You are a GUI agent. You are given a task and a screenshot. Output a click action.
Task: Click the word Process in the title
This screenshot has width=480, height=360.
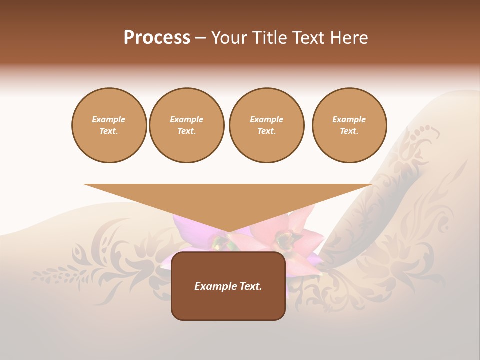pos(157,38)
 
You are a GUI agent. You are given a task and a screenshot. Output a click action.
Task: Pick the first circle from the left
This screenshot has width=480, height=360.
pos(109,125)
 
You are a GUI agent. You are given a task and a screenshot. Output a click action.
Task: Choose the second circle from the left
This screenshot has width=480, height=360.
pos(187,125)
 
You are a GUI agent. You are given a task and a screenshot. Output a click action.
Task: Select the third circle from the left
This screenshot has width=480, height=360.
pos(266,125)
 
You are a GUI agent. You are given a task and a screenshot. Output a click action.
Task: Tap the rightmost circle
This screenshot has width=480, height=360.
pos(349,125)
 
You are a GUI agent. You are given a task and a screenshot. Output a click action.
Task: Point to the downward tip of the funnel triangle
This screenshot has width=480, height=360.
pos(228,231)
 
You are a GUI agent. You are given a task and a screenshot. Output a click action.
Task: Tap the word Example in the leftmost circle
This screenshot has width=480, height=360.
pos(109,119)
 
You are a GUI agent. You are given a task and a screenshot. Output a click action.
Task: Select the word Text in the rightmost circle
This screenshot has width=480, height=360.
pos(349,131)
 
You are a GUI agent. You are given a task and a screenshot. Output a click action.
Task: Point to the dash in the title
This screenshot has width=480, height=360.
pos(201,38)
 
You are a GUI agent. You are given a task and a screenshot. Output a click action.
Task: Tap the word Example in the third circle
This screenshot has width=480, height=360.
pos(266,119)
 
